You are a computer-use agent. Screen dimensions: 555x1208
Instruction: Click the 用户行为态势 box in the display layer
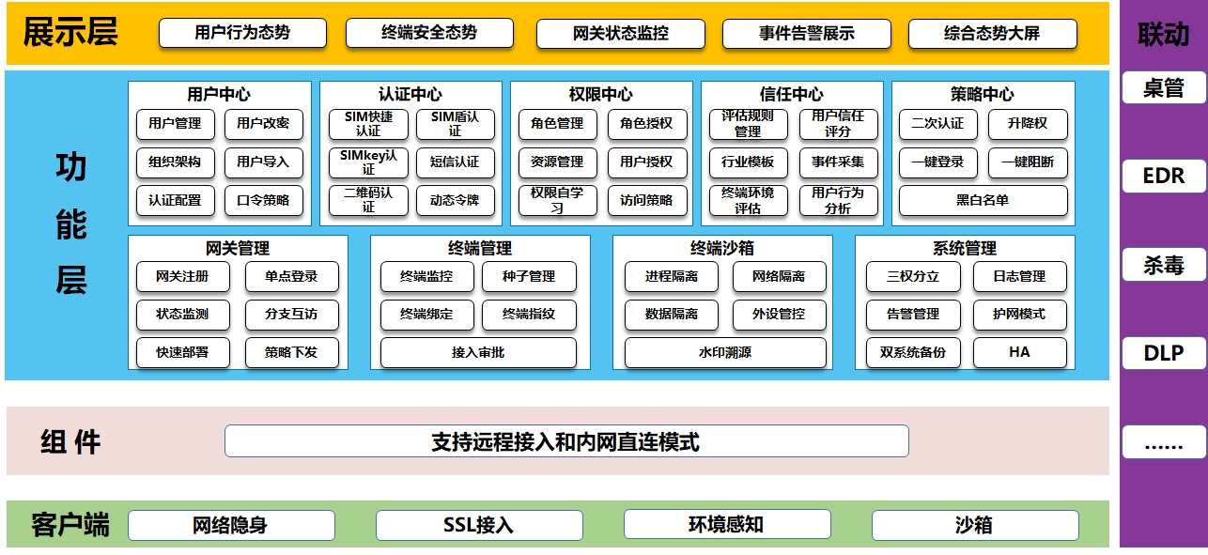point(242,33)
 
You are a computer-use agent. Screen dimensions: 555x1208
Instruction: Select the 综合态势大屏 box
point(992,34)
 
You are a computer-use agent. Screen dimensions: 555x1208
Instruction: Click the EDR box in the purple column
point(1163,176)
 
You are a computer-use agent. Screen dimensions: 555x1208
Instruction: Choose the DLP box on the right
point(1163,353)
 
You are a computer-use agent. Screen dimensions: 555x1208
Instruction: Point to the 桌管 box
point(1163,88)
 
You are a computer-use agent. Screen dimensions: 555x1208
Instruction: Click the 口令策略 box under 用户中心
point(263,200)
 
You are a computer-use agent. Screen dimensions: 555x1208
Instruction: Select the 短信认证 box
point(455,162)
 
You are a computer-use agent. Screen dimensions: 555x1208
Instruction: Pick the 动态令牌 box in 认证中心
point(455,200)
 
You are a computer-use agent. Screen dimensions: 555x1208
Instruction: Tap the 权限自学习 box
point(557,200)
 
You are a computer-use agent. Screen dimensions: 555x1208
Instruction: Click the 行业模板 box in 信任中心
point(748,162)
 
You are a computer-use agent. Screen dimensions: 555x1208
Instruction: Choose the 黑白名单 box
point(983,200)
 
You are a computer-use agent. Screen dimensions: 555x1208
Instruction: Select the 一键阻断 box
point(1028,162)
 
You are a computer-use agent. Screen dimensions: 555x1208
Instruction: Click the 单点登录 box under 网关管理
point(291,276)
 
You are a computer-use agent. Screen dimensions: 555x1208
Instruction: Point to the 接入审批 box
point(478,353)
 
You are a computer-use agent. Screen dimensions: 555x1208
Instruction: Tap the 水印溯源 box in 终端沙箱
point(725,353)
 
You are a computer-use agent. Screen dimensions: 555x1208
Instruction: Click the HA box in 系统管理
point(1019,352)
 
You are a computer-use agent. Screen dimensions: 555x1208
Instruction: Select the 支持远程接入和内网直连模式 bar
point(565,441)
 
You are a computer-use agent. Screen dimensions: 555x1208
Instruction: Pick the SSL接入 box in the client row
point(478,525)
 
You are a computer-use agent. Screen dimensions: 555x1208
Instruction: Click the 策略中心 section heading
point(982,94)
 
